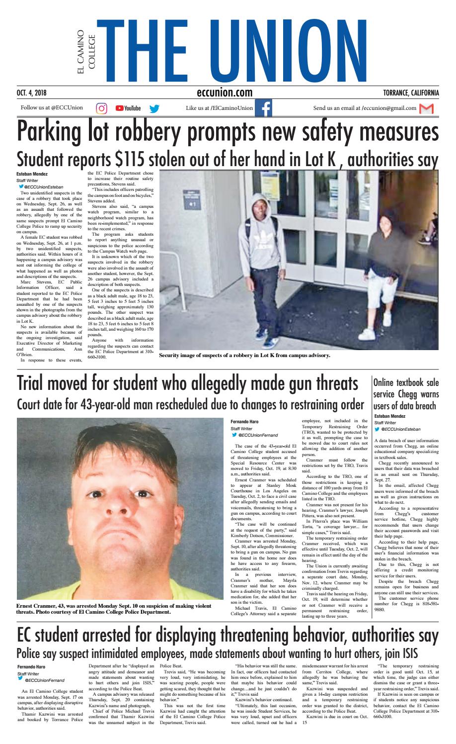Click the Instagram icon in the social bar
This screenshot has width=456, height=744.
tap(101, 108)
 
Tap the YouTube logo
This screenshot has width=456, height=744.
tap(128, 108)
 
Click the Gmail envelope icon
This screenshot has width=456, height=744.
tap(426, 108)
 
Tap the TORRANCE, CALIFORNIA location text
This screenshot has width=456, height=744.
tap(411, 93)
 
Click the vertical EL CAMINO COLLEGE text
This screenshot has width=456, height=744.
tap(85, 52)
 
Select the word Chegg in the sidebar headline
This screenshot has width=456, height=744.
tap(408, 394)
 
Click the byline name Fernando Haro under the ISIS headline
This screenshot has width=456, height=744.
tap(31, 666)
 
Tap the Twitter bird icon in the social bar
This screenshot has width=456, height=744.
tap(154, 108)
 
